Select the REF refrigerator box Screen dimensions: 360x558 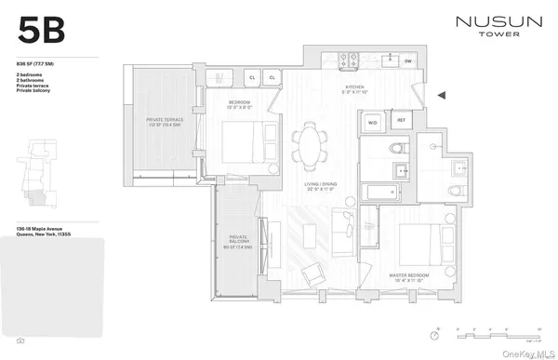[x=402, y=121]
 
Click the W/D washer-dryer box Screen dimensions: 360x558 [x=372, y=121]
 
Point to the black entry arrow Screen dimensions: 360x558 [x=442, y=94]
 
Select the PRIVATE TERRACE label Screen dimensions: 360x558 [x=167, y=120]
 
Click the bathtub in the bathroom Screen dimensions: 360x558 [x=376, y=194]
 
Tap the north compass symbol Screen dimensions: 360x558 [x=434, y=336]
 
